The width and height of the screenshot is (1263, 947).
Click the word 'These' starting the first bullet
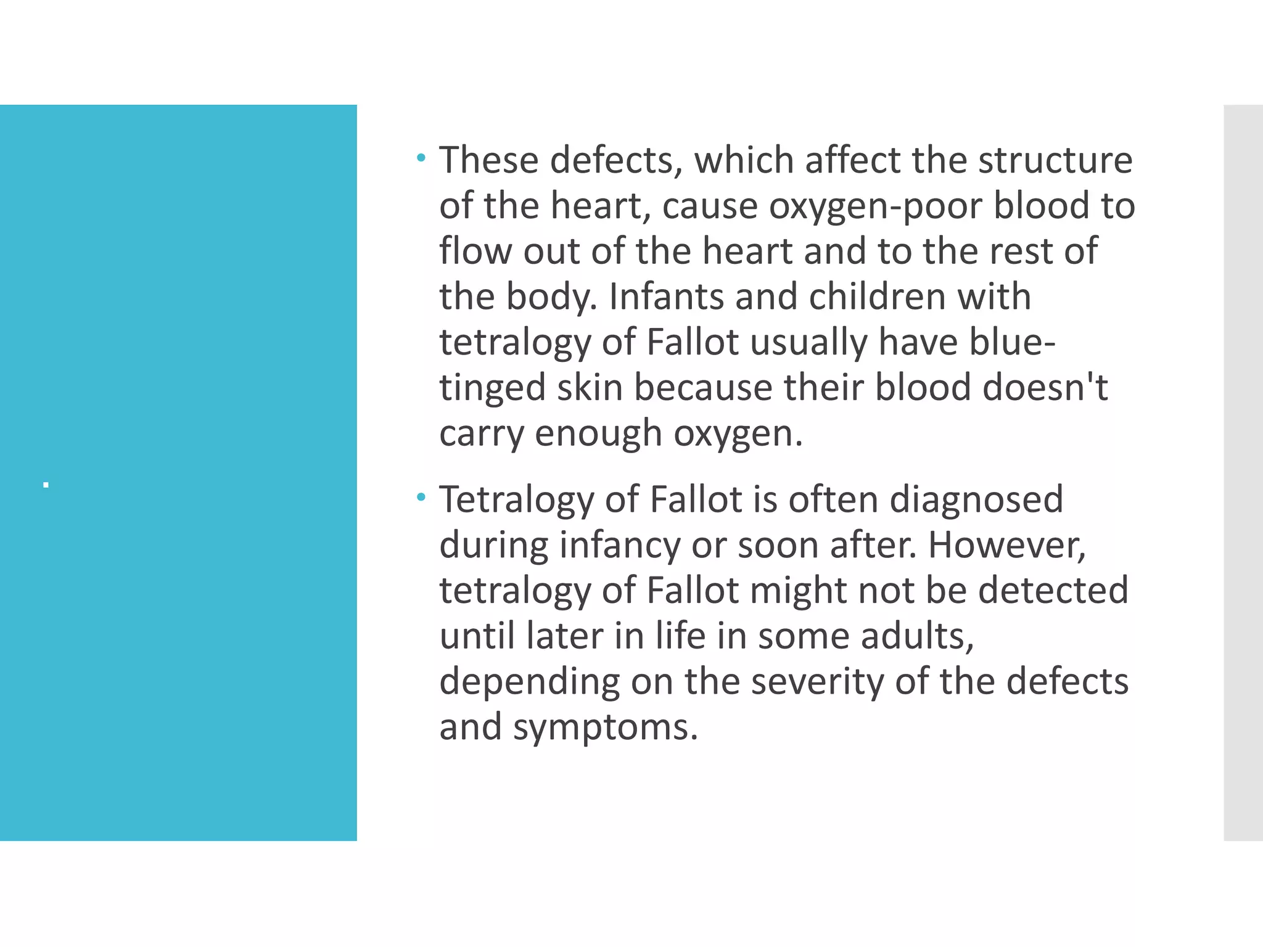[488, 160]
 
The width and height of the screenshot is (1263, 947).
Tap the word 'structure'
[1055, 160]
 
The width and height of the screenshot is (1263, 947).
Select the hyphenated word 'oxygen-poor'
[875, 206]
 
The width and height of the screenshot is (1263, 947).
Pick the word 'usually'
[808, 342]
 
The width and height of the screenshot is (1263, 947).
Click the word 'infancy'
[619, 545]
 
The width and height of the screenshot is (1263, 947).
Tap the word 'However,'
[1006, 545]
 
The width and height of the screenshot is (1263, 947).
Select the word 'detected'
[1053, 590]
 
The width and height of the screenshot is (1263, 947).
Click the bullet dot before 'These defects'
[421, 158]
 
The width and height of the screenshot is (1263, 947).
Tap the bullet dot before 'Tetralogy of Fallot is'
[421, 497]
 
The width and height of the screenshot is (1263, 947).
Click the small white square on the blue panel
[46, 486]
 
